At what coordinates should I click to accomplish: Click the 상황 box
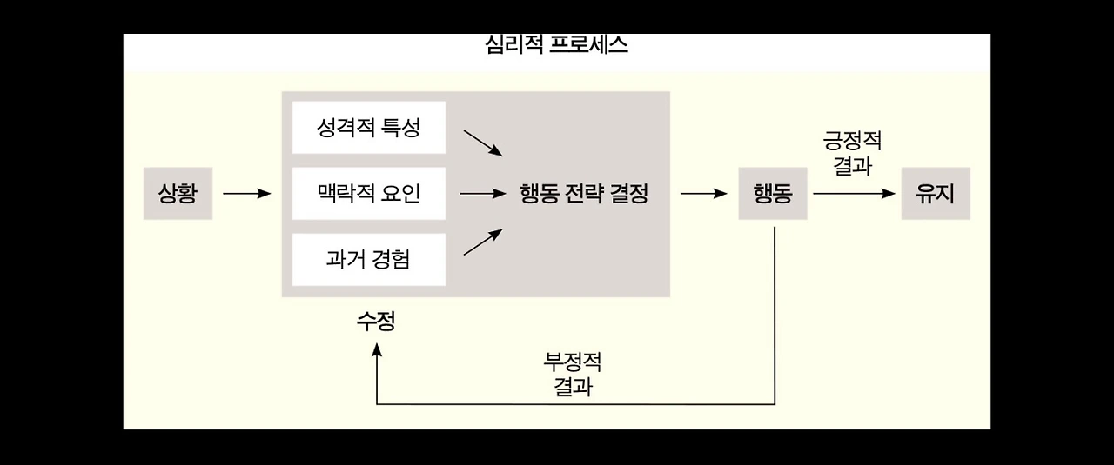(178, 193)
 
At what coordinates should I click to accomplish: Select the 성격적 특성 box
(368, 128)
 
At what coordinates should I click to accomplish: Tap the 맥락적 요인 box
(368, 193)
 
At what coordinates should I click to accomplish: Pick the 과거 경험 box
(368, 259)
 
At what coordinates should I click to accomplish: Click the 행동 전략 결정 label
(583, 193)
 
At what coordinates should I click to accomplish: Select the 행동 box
(772, 193)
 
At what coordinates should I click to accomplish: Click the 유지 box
(935, 193)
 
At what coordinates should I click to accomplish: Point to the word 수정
(376, 322)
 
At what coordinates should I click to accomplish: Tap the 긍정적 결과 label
(852, 153)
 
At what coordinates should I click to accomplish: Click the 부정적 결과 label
(572, 373)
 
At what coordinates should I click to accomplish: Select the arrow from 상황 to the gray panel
(247, 193)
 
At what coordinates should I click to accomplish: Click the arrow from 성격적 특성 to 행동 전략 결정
(483, 143)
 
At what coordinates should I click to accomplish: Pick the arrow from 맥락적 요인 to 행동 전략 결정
(482, 193)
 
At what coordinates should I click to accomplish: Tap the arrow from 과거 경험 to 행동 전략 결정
(483, 242)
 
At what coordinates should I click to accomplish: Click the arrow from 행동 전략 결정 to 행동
(703, 193)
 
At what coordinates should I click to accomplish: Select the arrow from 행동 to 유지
(854, 193)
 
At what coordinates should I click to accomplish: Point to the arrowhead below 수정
(377, 349)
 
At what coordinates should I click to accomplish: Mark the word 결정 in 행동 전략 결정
(628, 193)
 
